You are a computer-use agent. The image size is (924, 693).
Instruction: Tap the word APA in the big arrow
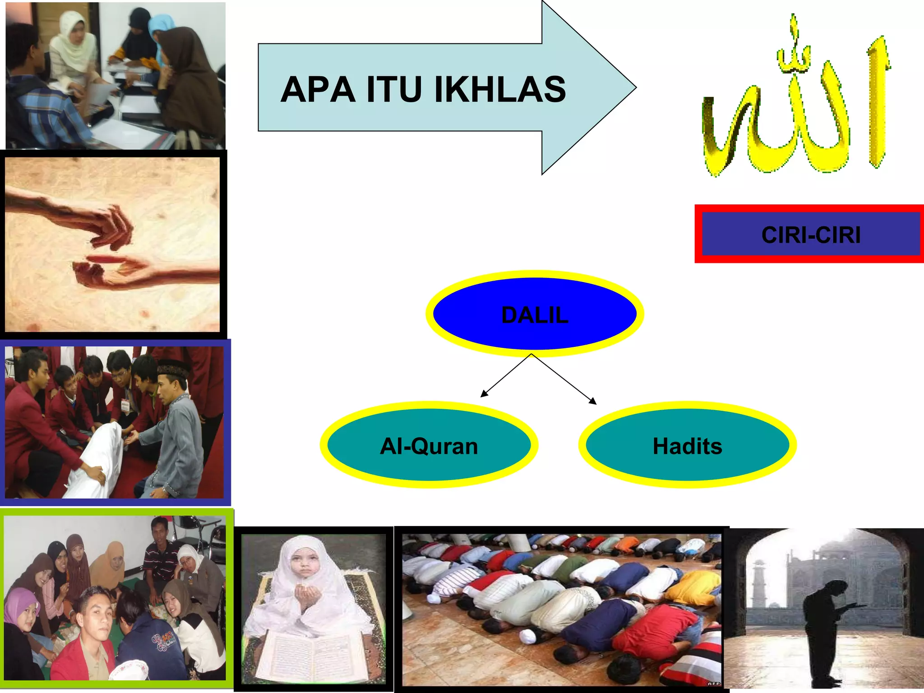(x=318, y=89)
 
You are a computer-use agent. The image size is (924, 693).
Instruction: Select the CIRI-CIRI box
(x=810, y=234)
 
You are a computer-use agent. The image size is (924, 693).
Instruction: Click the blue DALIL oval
(x=535, y=314)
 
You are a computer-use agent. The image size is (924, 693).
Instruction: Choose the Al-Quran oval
(x=429, y=445)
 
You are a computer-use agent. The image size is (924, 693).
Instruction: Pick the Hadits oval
(x=687, y=445)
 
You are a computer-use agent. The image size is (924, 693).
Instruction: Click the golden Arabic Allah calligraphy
(x=796, y=104)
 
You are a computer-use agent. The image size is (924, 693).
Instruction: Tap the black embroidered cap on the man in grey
(x=173, y=369)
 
